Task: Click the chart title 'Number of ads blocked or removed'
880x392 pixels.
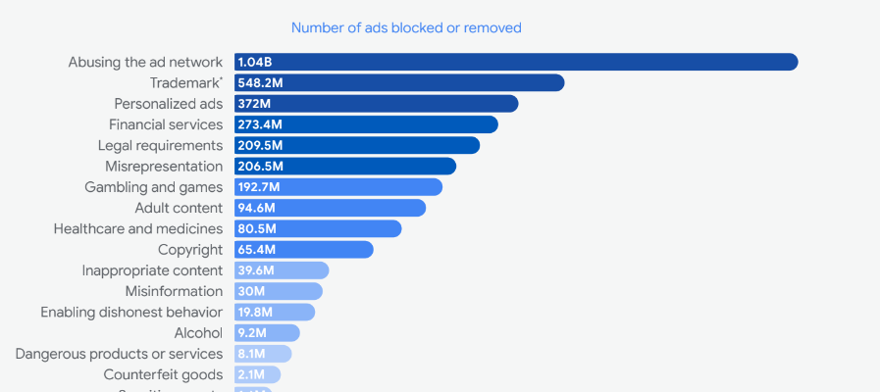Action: point(406,28)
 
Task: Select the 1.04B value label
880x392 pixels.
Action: point(255,62)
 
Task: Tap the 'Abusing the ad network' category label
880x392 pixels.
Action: point(145,62)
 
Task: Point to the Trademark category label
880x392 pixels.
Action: point(186,82)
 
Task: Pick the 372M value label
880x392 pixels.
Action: point(254,104)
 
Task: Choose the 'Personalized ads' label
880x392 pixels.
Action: point(168,104)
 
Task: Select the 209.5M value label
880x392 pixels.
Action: point(260,145)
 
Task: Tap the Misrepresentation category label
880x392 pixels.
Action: point(164,167)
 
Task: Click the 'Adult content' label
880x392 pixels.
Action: point(179,208)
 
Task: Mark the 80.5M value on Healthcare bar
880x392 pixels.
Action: point(257,228)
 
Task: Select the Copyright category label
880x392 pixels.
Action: point(190,250)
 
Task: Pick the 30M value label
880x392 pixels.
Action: point(251,291)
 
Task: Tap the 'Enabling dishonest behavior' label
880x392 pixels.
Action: point(131,312)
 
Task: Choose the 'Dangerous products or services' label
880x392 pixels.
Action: point(119,354)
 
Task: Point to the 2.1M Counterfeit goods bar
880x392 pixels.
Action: point(257,374)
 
